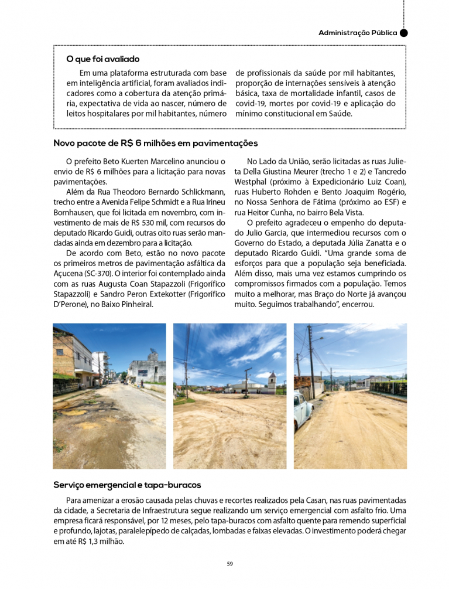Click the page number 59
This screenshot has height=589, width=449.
click(230, 564)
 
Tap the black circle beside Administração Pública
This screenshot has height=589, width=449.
click(403, 33)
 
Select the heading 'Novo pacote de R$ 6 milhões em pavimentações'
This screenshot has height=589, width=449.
click(155, 143)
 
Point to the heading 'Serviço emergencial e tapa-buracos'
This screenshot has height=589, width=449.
click(127, 485)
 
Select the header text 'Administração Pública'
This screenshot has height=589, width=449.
click(357, 33)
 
